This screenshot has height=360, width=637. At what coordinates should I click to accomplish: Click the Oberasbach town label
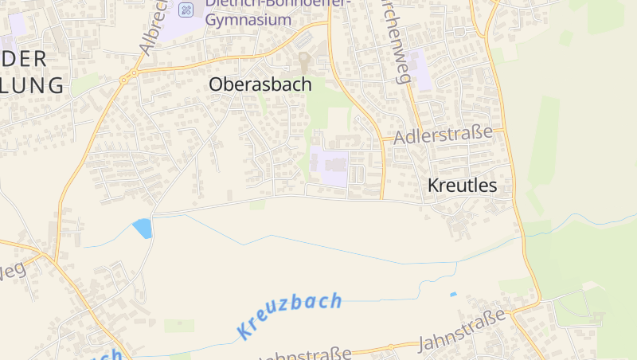[x=260, y=84]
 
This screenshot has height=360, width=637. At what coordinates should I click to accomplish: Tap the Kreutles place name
[x=462, y=186]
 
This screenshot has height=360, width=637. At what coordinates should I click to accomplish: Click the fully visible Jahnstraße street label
[x=463, y=331]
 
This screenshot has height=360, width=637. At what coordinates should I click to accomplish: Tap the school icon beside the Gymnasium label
[x=186, y=10]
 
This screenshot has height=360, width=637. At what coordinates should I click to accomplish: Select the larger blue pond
[x=143, y=229]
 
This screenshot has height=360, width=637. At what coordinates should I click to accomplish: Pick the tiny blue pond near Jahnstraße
[x=453, y=295]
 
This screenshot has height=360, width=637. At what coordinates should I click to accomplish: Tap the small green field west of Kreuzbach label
[x=179, y=325]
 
